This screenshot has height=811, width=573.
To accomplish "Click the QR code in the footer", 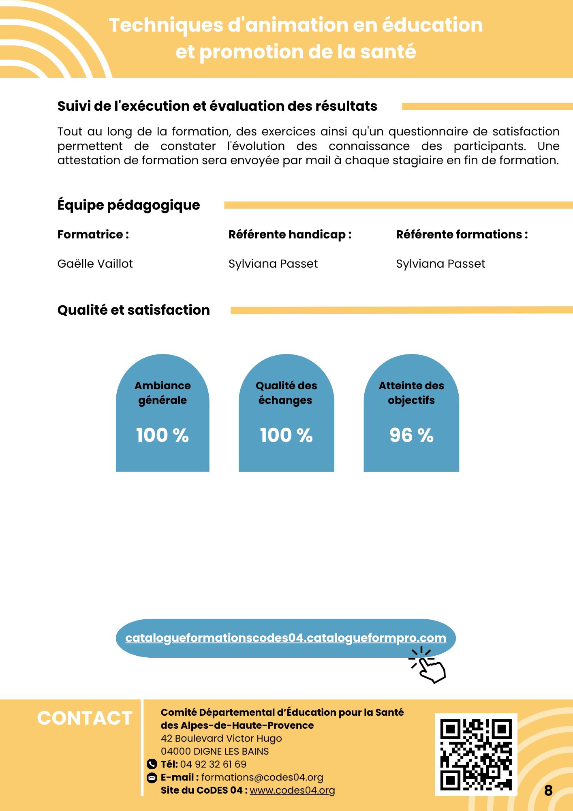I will pos(476,755).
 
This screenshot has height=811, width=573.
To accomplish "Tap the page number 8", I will pos(548,790).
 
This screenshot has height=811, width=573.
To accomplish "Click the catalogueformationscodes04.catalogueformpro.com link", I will pos(286,638).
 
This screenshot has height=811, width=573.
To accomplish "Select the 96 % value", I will pos(411,435).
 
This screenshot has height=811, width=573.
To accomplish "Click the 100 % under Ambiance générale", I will pos(162,435).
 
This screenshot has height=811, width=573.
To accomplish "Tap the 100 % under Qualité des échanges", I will pos(286,435).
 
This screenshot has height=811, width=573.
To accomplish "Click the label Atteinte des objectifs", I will pos(411,393).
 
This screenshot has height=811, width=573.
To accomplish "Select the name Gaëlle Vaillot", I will pos(95,264).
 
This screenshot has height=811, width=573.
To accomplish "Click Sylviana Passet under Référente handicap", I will pos(273,264).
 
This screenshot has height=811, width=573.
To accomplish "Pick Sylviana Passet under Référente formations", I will pos(440,264).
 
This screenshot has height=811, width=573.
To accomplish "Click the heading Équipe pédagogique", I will pos(129,205).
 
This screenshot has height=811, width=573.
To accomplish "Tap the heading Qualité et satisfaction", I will pos(134,310).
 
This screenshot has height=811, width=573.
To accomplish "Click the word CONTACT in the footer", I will pos(85,718).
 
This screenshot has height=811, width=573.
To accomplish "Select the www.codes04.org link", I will pos(292,790).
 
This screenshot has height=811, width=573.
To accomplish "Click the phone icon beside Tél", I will pos(152,764).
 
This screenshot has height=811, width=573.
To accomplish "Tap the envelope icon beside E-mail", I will pos(152,777).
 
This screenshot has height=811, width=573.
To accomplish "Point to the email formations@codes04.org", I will pos(262,777).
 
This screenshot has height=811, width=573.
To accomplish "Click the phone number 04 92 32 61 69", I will pos(213,764).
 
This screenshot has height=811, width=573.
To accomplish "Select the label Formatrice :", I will pos(93,234).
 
